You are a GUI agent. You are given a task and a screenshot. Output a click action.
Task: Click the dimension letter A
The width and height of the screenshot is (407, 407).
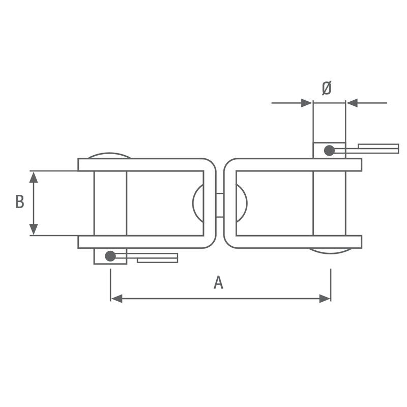218,283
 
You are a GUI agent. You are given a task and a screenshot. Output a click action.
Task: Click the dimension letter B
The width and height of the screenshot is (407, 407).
20,201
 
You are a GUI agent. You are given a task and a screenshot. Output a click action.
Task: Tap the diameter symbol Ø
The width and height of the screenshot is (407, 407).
327,88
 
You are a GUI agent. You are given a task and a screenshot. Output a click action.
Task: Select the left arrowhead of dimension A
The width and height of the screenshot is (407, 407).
117,299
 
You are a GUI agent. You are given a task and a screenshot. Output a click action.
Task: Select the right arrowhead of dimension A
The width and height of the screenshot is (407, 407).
325,299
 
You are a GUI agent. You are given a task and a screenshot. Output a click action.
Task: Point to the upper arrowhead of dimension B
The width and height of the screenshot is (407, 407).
34,177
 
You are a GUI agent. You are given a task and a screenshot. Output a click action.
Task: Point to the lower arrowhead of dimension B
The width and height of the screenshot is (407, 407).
34,229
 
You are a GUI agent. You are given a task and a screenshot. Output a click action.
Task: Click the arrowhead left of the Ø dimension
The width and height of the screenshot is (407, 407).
307,103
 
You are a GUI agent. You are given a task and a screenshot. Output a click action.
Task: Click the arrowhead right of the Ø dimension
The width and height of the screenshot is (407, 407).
352,103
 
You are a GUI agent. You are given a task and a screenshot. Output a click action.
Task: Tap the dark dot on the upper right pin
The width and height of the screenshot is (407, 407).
329,151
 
